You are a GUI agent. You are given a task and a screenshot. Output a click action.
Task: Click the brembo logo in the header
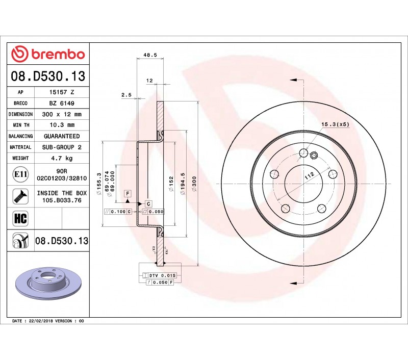48,54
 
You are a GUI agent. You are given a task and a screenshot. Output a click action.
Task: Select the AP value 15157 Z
62,92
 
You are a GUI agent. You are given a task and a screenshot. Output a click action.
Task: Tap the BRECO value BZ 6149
62,104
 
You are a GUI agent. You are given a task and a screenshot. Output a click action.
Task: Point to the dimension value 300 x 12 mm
62,114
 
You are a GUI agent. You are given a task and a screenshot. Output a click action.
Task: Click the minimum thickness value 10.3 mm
62,125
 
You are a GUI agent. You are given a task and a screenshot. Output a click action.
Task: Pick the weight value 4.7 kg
62,158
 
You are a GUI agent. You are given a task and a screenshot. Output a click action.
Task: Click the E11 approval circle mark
20,174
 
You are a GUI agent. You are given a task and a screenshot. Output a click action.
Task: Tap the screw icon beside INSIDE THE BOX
20,196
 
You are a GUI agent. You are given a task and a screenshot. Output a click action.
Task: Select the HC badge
20,218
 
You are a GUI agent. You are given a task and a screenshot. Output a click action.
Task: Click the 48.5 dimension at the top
150,55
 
